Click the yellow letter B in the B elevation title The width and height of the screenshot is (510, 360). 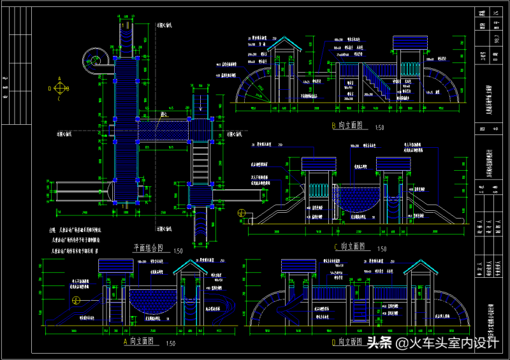click(333, 126)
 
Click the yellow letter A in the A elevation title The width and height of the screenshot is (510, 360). click(126, 342)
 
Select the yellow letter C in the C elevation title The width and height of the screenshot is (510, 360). click(336, 246)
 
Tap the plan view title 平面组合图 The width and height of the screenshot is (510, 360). click(148, 248)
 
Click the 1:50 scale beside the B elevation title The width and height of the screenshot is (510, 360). click(381, 127)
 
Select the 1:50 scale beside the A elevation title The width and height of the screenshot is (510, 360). click(170, 344)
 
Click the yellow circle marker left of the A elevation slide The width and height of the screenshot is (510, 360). click(75, 301)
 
